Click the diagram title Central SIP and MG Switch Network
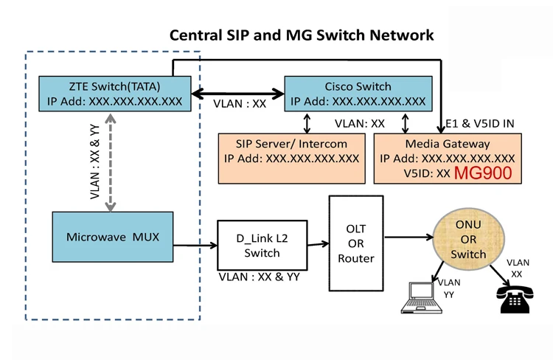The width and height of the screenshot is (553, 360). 302,35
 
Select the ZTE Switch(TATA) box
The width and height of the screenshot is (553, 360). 114,94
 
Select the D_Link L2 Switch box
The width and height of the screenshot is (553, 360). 262,245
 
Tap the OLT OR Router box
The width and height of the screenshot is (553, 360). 356,243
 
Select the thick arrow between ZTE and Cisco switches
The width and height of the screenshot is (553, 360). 237,94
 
